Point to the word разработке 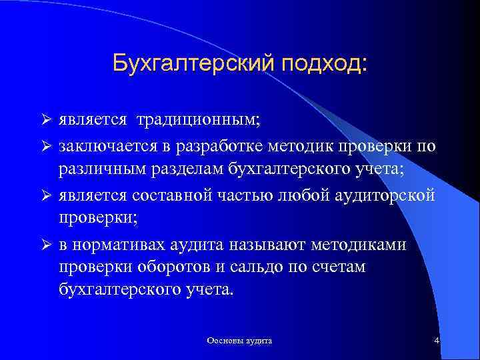[212, 145]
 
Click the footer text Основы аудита [239, 341]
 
